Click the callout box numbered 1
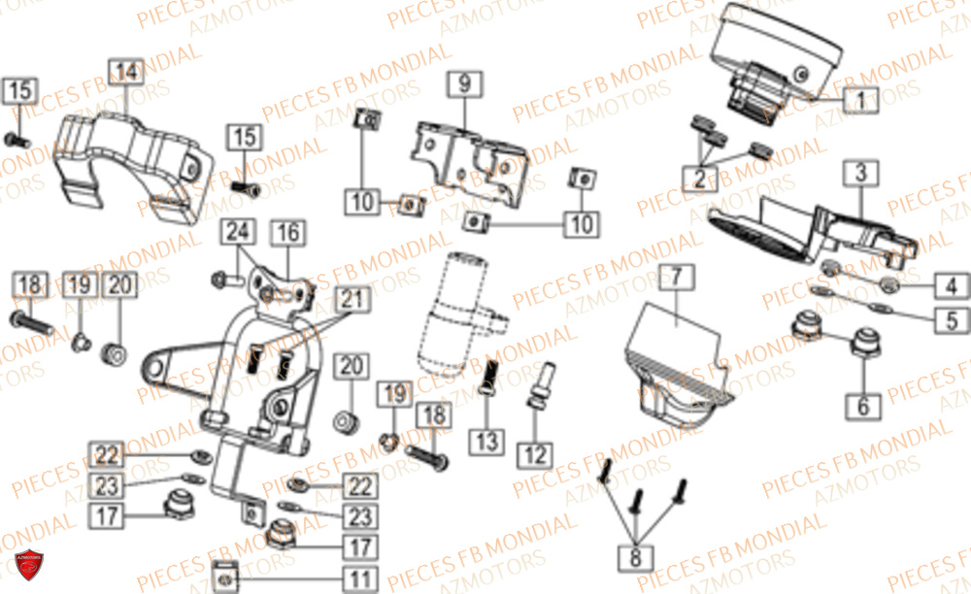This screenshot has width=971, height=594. pos(859,99)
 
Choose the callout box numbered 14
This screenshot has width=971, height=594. pos(125,71)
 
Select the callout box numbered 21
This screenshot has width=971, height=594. pos(354,301)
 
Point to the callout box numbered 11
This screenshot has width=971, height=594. pos(360,580)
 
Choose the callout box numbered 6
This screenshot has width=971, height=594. pos(862,406)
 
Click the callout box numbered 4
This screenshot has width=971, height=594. pos(952,285)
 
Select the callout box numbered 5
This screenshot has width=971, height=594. pos(952,319)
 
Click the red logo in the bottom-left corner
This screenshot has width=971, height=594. pos(27,566)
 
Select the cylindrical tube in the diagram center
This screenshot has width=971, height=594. pos(454,311)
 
